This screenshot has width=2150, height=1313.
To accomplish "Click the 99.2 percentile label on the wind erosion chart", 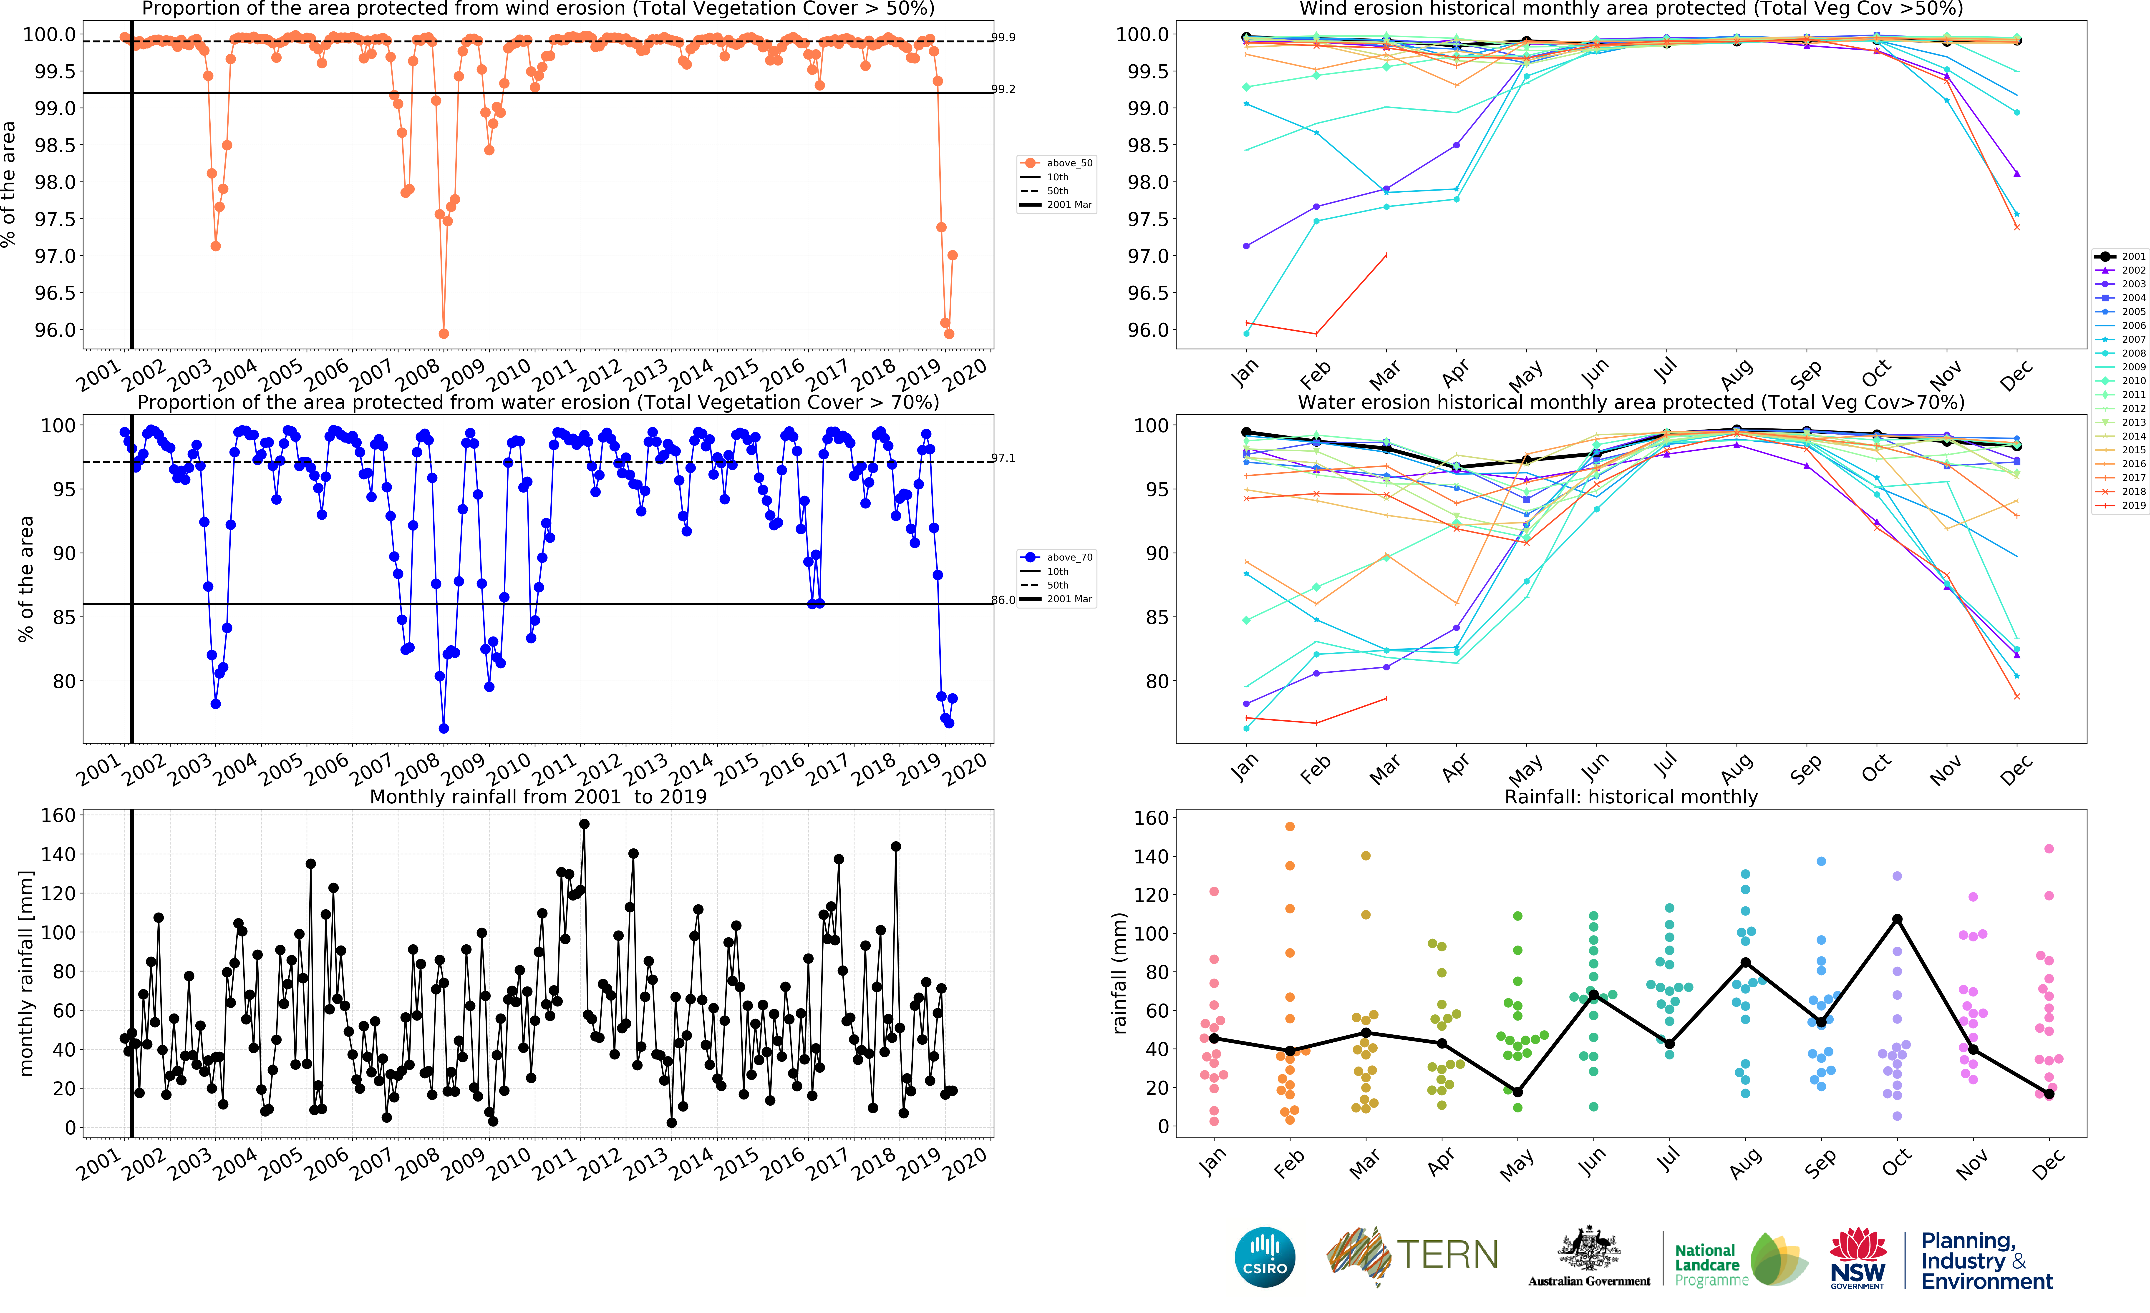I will click(1003, 89).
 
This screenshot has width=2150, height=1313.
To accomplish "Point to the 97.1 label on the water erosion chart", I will click(1003, 458).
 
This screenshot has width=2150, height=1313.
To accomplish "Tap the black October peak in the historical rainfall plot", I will click(1897, 919).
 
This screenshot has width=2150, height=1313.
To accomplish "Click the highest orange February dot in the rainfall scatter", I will click(1290, 826).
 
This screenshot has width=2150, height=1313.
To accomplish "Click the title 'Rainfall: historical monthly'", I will click(1631, 797).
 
